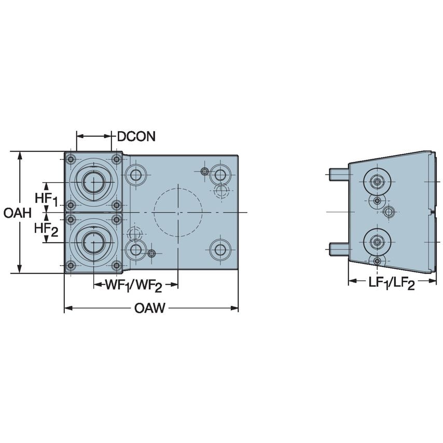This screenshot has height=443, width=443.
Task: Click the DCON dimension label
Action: [x=136, y=136]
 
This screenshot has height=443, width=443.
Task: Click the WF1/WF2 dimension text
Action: [x=135, y=285]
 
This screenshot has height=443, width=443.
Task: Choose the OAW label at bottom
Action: [x=150, y=309]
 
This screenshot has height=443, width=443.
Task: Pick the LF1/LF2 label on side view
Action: [x=391, y=283]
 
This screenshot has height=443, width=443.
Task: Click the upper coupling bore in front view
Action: [x=93, y=182]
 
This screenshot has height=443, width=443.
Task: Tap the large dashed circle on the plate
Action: [x=177, y=212]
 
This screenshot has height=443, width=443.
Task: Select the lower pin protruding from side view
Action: [x=339, y=250]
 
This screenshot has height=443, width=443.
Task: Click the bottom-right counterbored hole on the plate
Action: [x=220, y=250]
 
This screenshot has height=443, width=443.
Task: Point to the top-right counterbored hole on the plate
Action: [x=220, y=174]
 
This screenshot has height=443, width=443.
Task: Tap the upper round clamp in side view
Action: [x=377, y=182]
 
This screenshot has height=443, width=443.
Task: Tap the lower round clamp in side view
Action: [x=377, y=241]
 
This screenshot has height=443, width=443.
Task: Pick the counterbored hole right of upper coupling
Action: [x=136, y=175]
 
